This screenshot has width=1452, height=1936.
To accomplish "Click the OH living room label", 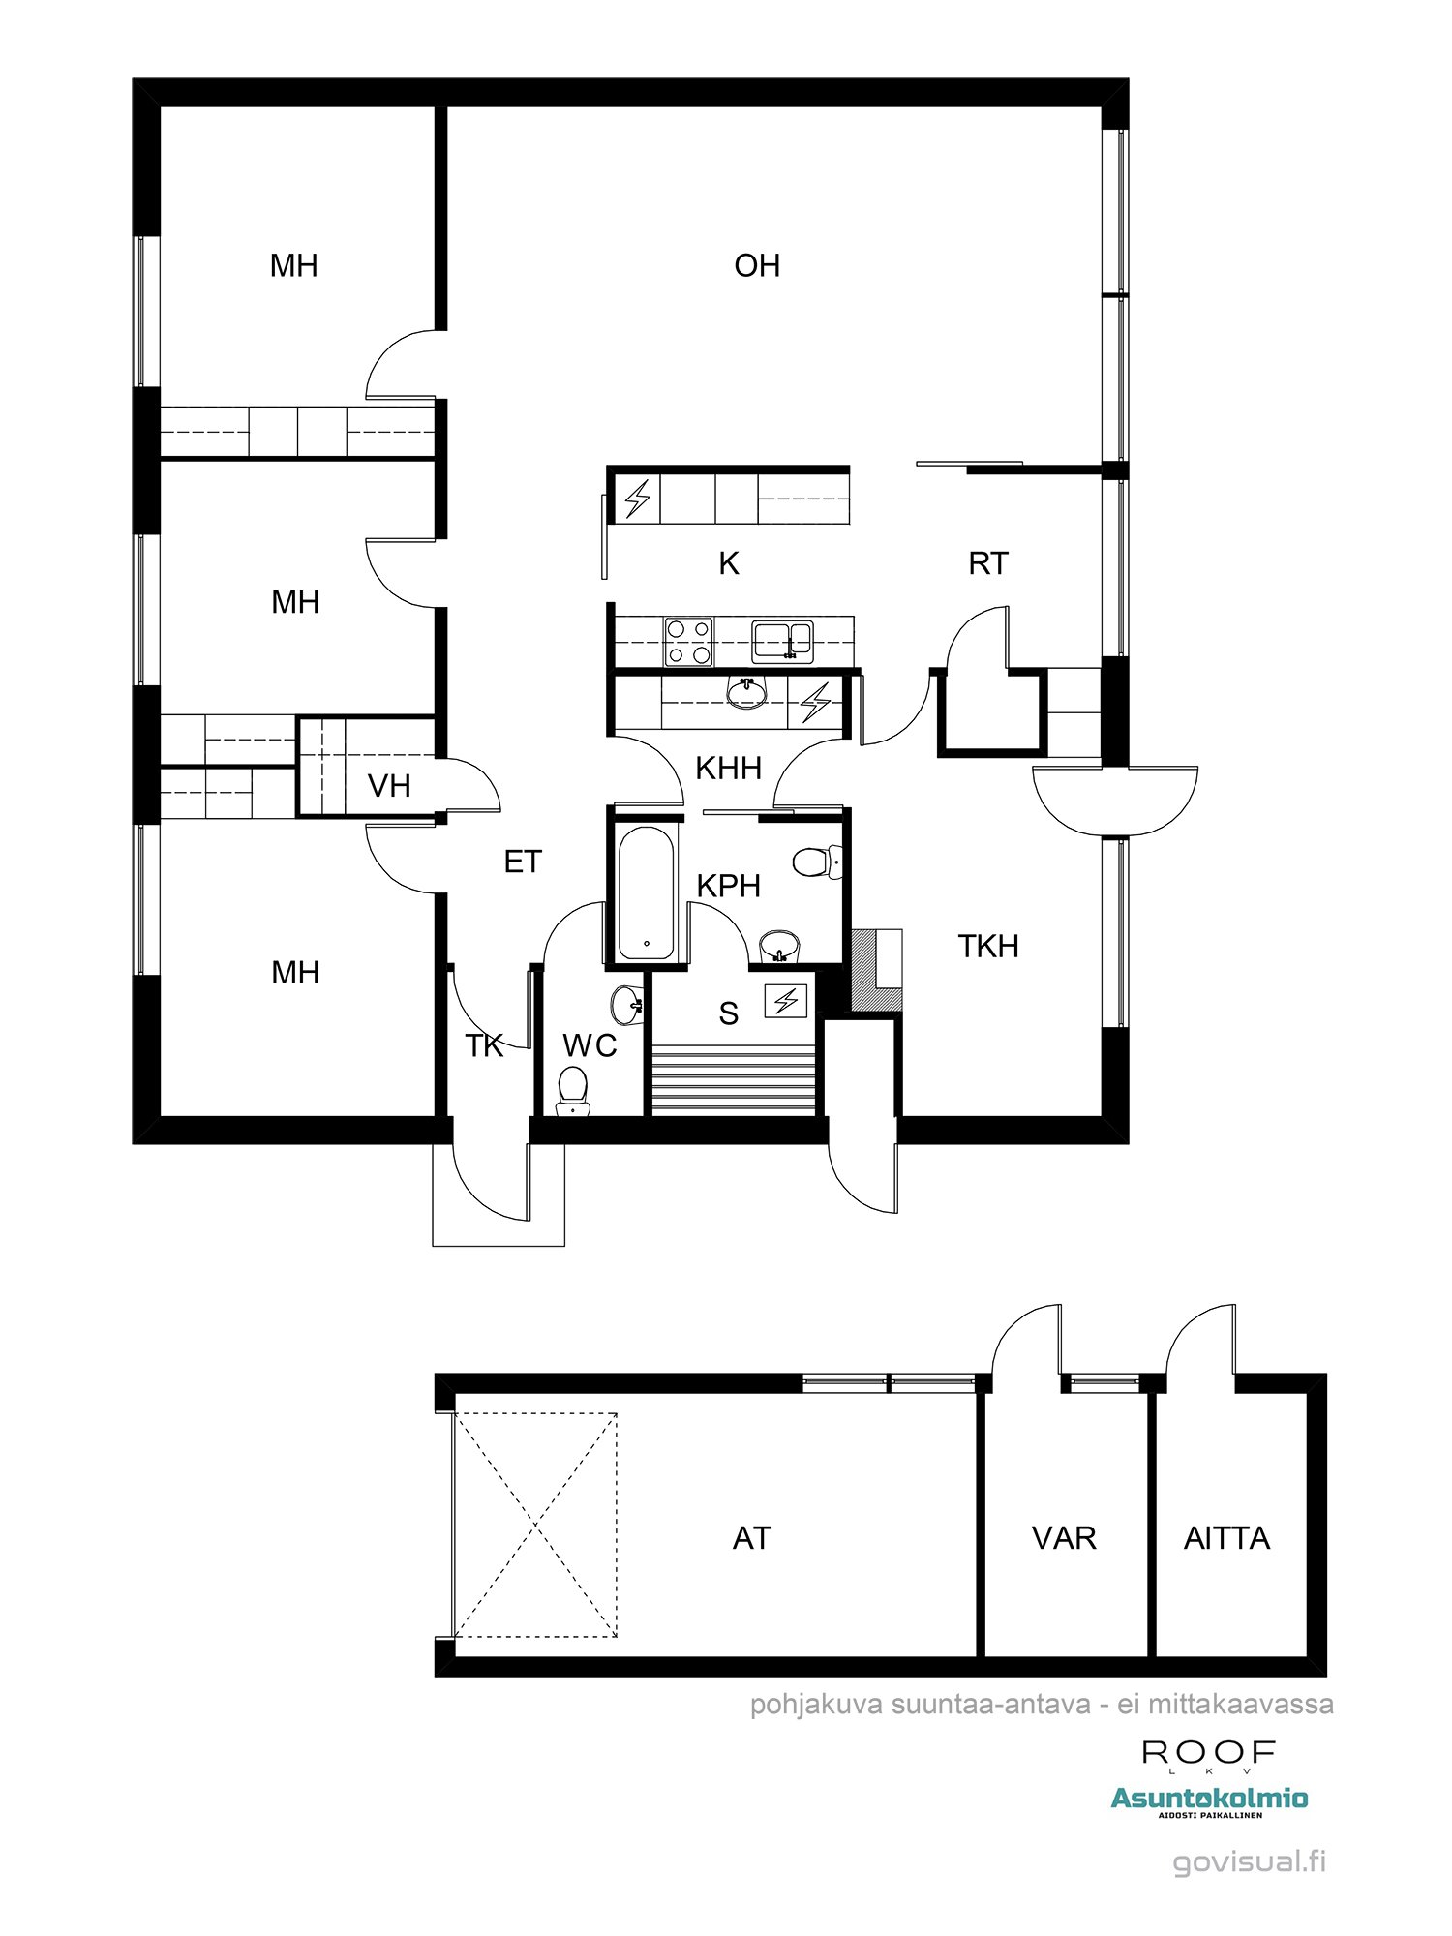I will pos(757,265).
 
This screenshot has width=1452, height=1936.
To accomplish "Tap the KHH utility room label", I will pos(729,769).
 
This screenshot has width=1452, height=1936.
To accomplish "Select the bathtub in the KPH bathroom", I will pos(646,892).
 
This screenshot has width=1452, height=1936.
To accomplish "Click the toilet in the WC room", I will pos(572,1089).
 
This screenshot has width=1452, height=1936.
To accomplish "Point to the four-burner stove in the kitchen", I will pos(688,642).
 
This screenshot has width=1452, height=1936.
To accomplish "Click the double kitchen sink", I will pos(783,641).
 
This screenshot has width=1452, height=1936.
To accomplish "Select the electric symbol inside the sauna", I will pos(785,1000).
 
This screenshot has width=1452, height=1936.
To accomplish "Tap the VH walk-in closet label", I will pos(389,786).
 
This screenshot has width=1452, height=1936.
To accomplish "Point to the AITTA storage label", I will pos(1226,1538).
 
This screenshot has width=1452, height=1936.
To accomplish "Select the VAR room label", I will pos(1064,1538).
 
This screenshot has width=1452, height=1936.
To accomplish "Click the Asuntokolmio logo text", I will pos(1209,1799).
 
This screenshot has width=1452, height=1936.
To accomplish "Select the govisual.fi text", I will pos(1249,1861).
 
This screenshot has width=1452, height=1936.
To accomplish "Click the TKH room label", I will pos(987,946).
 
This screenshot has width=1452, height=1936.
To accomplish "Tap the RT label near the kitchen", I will pos(987,563).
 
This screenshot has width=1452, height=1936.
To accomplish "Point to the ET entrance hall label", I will pos(523,862).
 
